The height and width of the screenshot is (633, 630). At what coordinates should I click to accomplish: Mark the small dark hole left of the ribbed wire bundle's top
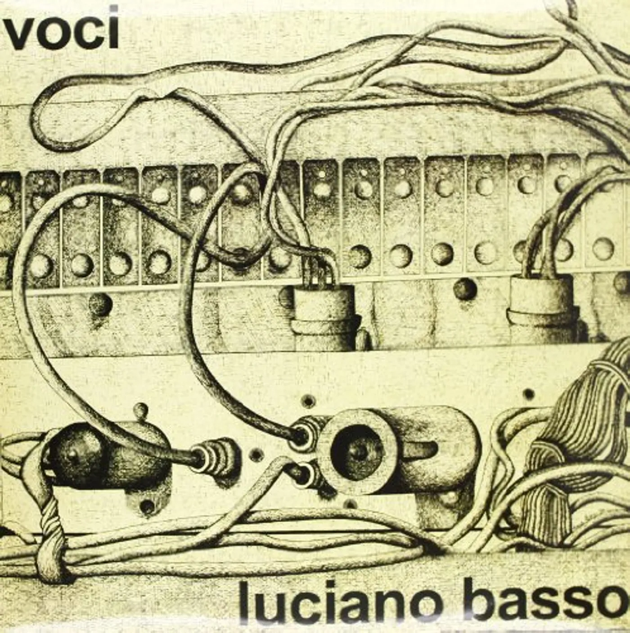(528, 393)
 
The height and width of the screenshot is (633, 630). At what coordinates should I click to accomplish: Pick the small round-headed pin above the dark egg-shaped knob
(141, 411)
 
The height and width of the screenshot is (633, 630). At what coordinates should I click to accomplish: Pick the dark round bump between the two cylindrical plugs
(465, 289)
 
